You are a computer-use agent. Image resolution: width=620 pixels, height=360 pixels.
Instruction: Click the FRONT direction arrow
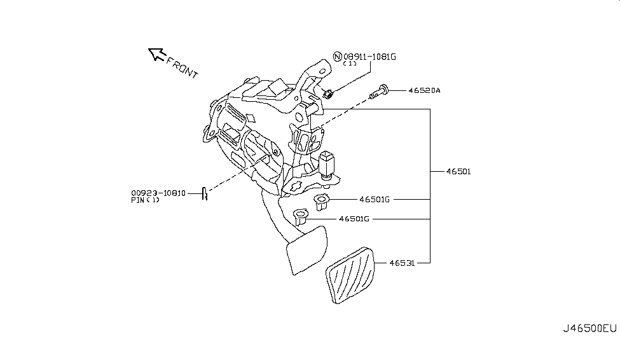tap(156, 54)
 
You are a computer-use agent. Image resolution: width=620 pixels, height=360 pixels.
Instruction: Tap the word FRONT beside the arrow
tap(182, 67)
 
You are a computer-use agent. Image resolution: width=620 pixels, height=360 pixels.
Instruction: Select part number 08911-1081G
tap(369, 57)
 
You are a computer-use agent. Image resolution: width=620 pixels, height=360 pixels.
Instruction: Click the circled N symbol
tap(337, 57)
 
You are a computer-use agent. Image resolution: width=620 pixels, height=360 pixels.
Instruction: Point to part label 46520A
tap(424, 90)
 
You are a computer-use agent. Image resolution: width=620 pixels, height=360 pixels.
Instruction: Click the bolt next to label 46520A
tap(378, 92)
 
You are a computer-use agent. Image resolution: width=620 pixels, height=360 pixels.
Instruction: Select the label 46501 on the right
tap(458, 172)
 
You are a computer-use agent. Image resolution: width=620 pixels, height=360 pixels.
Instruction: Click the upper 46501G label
tap(375, 200)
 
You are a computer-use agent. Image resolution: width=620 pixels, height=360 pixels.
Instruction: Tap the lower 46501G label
tap(354, 219)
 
